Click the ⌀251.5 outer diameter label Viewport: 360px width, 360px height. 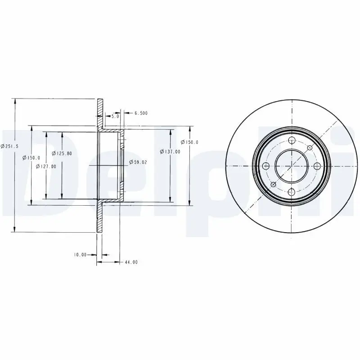[x=9, y=145]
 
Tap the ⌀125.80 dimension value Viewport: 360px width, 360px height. [x=62, y=153]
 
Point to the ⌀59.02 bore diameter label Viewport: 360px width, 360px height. [x=136, y=162]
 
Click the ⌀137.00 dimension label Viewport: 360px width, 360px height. [x=170, y=152]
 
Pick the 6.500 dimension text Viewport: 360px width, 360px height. [x=141, y=113]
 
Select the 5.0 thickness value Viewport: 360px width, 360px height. [x=115, y=116]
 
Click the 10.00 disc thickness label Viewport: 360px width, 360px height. [x=80, y=255]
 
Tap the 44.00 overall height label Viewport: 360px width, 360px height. [x=131, y=262]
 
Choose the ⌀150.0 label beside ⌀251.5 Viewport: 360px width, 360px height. [x=32, y=157]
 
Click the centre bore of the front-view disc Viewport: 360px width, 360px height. [x=291, y=166]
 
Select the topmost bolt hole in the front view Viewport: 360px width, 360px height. [x=291, y=140]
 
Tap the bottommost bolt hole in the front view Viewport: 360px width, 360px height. [x=291, y=192]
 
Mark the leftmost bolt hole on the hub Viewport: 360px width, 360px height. [x=265, y=166]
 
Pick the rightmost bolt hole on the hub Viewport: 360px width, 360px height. [x=317, y=166]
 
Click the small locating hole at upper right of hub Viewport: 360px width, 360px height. [x=310, y=148]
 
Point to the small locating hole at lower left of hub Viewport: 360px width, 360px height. [x=273, y=184]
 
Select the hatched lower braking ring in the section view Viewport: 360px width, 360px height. [x=99, y=218]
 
